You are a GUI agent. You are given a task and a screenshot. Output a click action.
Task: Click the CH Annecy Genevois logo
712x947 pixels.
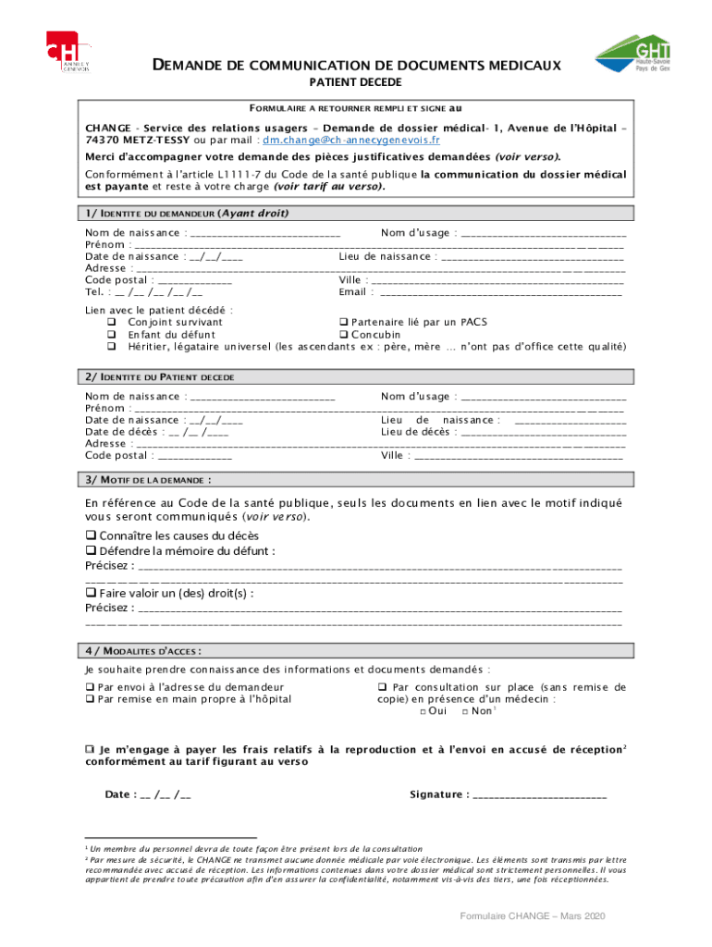coord(69,52)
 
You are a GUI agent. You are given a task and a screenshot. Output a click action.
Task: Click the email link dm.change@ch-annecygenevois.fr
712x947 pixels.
coord(350,141)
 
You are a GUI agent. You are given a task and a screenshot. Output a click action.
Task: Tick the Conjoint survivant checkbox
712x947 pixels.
coord(110,323)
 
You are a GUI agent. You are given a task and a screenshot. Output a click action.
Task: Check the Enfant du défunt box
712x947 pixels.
coord(110,335)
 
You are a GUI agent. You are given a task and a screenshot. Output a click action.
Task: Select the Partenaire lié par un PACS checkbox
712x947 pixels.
coord(343,323)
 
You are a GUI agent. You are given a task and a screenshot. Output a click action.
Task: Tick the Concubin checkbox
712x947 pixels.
coord(343,335)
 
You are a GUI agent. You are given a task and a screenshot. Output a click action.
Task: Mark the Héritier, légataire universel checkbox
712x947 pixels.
coord(110,347)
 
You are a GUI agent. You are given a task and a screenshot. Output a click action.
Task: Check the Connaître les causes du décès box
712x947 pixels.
coord(91,535)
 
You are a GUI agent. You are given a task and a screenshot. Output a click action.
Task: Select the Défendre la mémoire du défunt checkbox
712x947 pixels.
coord(91,551)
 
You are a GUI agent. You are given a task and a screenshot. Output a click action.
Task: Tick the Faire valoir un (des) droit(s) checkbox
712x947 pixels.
coord(91,594)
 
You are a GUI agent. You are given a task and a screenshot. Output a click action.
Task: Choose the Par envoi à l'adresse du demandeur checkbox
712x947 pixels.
coord(90,687)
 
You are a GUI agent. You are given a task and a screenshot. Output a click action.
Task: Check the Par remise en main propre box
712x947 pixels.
coord(90,699)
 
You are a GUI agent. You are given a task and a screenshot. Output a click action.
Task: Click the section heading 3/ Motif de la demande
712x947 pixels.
coord(148,480)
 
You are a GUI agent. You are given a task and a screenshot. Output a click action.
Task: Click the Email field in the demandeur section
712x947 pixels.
coord(499,293)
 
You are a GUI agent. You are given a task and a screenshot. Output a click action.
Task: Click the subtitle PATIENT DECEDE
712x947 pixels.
coord(356,82)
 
